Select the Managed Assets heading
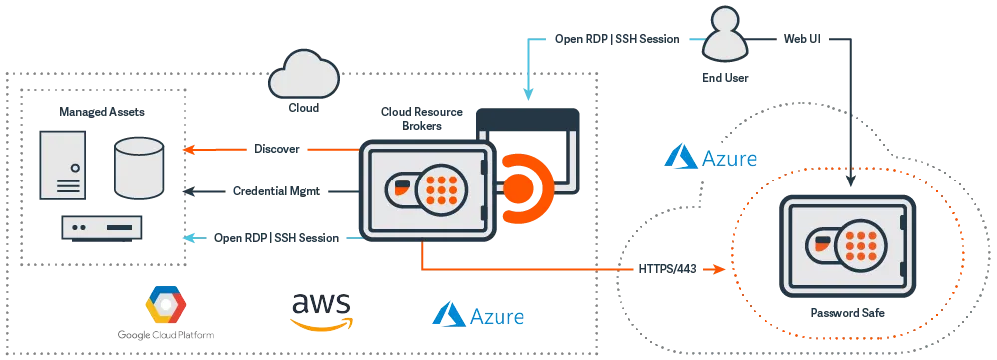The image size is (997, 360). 102,112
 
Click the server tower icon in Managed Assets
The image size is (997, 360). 62,165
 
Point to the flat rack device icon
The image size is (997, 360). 102,227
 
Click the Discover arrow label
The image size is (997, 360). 276,149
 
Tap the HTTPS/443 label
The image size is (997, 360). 667,269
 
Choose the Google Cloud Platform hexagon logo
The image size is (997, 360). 166,306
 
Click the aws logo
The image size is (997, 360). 320,311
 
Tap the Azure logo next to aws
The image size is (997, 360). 479,315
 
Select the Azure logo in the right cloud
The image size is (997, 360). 710,157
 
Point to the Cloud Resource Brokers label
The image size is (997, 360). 422,119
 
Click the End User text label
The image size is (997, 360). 725,78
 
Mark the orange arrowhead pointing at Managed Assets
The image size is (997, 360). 187,150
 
